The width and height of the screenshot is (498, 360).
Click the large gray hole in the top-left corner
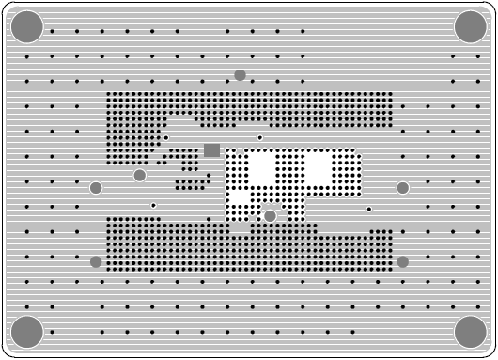coord(27,27)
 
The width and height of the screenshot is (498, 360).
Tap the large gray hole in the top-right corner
coord(471,27)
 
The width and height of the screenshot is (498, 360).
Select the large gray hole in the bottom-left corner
coord(27,332)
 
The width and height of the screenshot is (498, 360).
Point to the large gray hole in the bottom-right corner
coord(471,332)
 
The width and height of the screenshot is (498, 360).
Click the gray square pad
coord(212,149)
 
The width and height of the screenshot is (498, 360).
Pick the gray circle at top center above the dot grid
coord(240,75)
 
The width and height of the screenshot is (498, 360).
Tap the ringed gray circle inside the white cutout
coord(271,216)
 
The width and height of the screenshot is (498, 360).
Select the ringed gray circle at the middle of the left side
coord(96,188)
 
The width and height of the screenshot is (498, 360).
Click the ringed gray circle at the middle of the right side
coord(403,188)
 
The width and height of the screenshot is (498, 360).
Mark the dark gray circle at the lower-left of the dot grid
coord(96,261)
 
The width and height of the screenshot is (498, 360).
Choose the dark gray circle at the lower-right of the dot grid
coord(403,261)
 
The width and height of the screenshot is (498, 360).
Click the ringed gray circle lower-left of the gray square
coord(140,175)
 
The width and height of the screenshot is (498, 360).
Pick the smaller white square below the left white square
coord(241,198)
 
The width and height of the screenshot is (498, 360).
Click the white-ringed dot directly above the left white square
coord(260,138)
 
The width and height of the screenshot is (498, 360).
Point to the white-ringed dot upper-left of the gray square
coord(166,137)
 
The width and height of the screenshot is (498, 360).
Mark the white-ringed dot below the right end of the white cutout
coord(369,209)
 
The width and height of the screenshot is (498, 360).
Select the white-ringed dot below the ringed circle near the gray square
coord(153,205)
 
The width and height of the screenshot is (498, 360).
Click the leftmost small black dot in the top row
coord(52,31)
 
